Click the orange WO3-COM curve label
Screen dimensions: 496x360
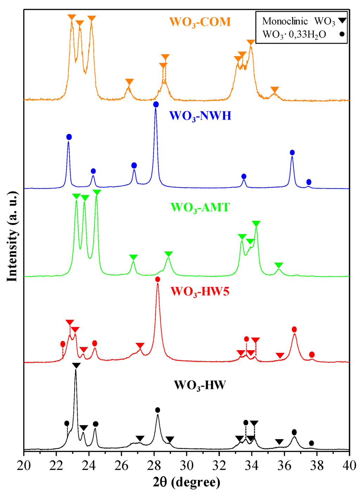coord(200,22)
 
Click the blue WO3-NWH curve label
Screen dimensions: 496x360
coord(200,116)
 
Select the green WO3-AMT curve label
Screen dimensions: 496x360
coord(200,207)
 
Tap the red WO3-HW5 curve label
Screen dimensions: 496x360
coord(200,291)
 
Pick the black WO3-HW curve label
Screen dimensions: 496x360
coord(200,385)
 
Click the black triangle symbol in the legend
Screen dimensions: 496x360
coord(342,21)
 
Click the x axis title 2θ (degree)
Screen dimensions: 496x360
coord(186,482)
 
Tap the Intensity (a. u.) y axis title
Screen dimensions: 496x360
coord(12,236)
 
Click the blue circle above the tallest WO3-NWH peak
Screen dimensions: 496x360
coord(156,104)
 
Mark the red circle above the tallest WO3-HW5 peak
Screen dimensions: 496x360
coord(157,279)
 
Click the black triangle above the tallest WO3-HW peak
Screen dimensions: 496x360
coord(76,366)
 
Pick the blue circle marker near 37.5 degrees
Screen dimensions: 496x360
coord(309,182)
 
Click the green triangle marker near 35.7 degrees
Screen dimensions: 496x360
coord(279,265)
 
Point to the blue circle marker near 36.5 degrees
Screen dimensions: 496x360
coord(292,153)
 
